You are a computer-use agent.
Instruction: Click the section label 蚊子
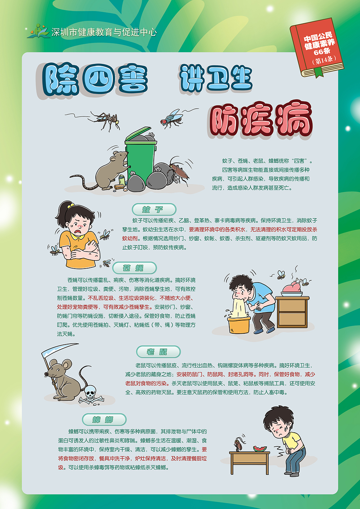pos(154,210)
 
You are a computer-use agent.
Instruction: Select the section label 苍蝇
pos(134,268)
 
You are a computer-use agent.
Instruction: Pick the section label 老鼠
pos(158,352)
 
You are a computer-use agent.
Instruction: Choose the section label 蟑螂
pos(104,419)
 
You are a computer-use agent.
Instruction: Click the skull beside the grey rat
pos(90,392)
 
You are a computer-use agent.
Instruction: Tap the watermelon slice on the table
pos(260,449)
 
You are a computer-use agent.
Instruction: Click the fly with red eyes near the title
pos(172,118)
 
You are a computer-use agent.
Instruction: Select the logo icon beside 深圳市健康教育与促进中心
pos(39,32)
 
